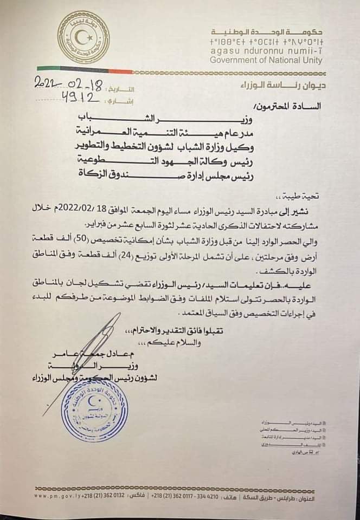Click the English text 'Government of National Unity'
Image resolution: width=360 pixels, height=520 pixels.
[x=266, y=60]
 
